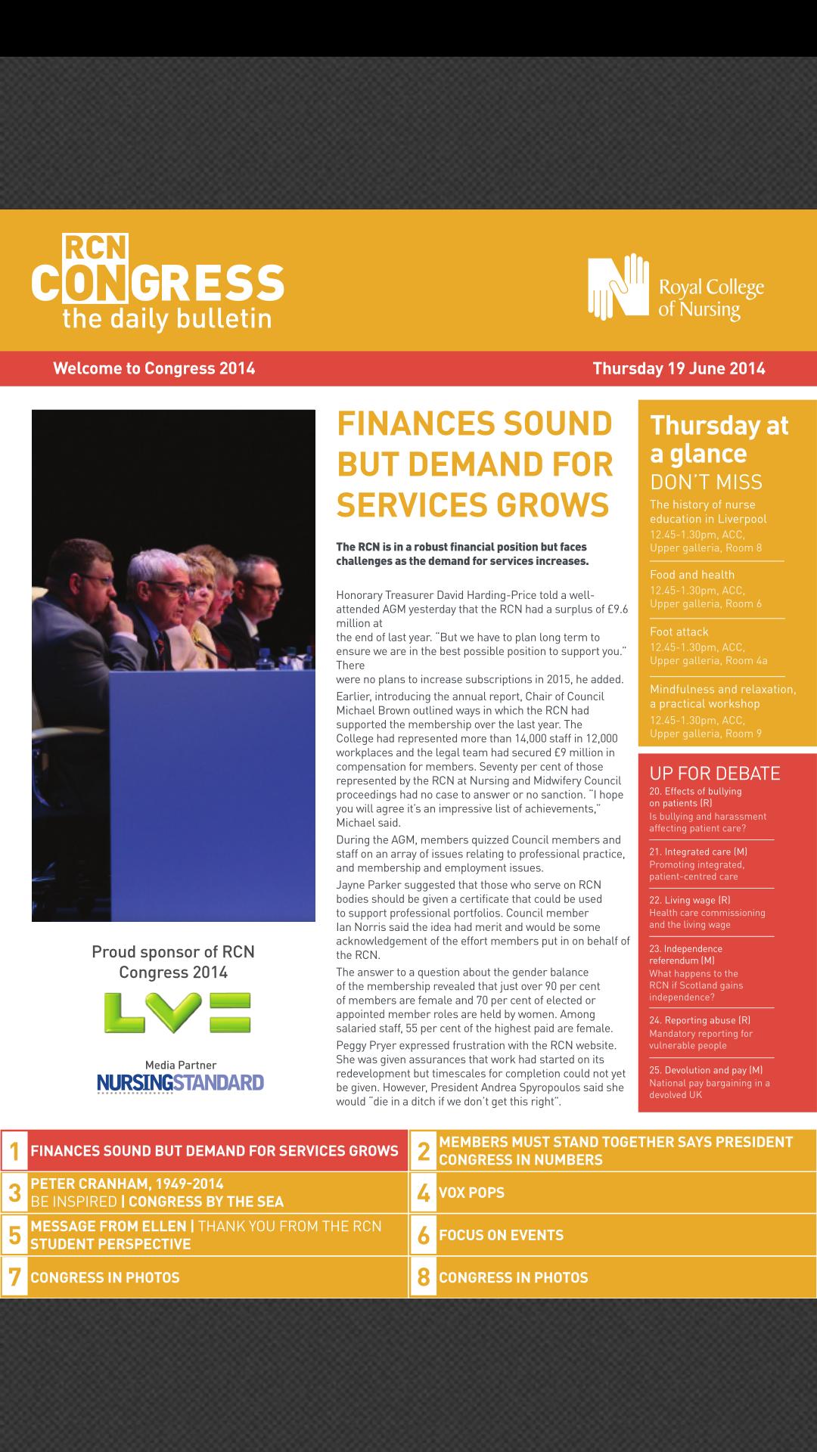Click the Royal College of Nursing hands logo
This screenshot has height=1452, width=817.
point(619,287)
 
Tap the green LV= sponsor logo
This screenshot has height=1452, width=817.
point(178,1013)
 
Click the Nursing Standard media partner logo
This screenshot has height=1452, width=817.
point(180,1083)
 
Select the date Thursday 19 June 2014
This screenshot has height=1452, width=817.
point(679,369)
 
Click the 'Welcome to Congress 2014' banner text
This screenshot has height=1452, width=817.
point(154,369)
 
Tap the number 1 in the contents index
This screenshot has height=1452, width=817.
point(14,1151)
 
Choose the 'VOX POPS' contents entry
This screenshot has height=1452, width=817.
point(471,1193)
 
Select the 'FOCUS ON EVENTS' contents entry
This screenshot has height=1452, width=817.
point(501,1236)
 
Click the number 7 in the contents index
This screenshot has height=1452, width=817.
point(14,1277)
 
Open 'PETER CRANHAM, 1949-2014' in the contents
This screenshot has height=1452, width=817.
point(127,1184)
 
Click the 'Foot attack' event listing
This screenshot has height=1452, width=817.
point(679,632)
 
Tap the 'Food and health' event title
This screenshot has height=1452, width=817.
point(692,575)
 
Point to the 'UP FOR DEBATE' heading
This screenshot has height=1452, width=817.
point(715,774)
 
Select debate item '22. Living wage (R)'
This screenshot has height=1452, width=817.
point(690,901)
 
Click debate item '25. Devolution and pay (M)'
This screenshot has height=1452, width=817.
point(706,1070)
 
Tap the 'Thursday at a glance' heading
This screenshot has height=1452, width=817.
point(719,439)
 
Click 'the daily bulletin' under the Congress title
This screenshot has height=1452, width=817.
point(166,318)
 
